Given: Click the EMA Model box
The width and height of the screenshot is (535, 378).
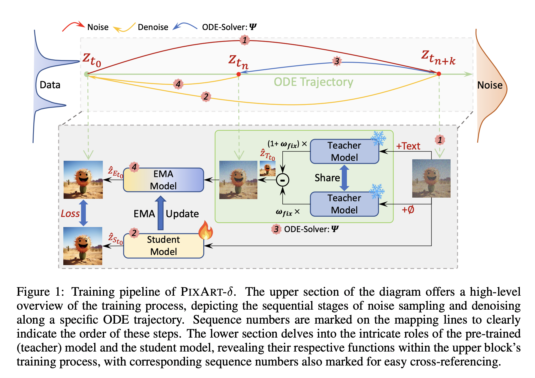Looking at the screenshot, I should [163, 180].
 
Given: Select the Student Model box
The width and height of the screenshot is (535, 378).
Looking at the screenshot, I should [163, 246].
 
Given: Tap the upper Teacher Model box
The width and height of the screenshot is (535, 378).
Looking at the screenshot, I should [344, 151].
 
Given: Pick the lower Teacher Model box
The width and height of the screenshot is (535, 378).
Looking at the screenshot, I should [344, 204].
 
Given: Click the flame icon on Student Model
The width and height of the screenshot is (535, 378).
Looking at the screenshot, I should [206, 230].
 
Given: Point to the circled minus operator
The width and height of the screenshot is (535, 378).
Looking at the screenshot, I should [282, 180].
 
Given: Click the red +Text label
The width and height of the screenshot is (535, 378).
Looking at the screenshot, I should [408, 146].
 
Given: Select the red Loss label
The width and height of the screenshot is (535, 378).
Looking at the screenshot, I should [70, 213].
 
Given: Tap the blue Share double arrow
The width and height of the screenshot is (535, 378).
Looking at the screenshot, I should [344, 178].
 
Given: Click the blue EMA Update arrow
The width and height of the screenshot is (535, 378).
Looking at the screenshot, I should [160, 213].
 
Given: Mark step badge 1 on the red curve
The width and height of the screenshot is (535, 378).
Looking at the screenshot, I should [244, 40].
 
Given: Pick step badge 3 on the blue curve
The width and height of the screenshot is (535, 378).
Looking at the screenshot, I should [336, 61].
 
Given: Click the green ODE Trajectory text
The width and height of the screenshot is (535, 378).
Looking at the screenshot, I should [313, 82].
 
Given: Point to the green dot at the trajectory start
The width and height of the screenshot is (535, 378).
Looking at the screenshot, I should [86, 74].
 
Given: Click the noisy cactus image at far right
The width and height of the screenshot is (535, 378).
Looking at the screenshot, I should [431, 178].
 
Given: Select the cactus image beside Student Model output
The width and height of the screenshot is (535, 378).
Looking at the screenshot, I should [83, 246].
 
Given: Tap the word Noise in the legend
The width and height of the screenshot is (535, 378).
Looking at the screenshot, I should [98, 27].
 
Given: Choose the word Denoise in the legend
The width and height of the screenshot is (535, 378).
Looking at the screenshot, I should [153, 27].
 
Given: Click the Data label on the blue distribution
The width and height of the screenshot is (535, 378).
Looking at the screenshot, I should [50, 85].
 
